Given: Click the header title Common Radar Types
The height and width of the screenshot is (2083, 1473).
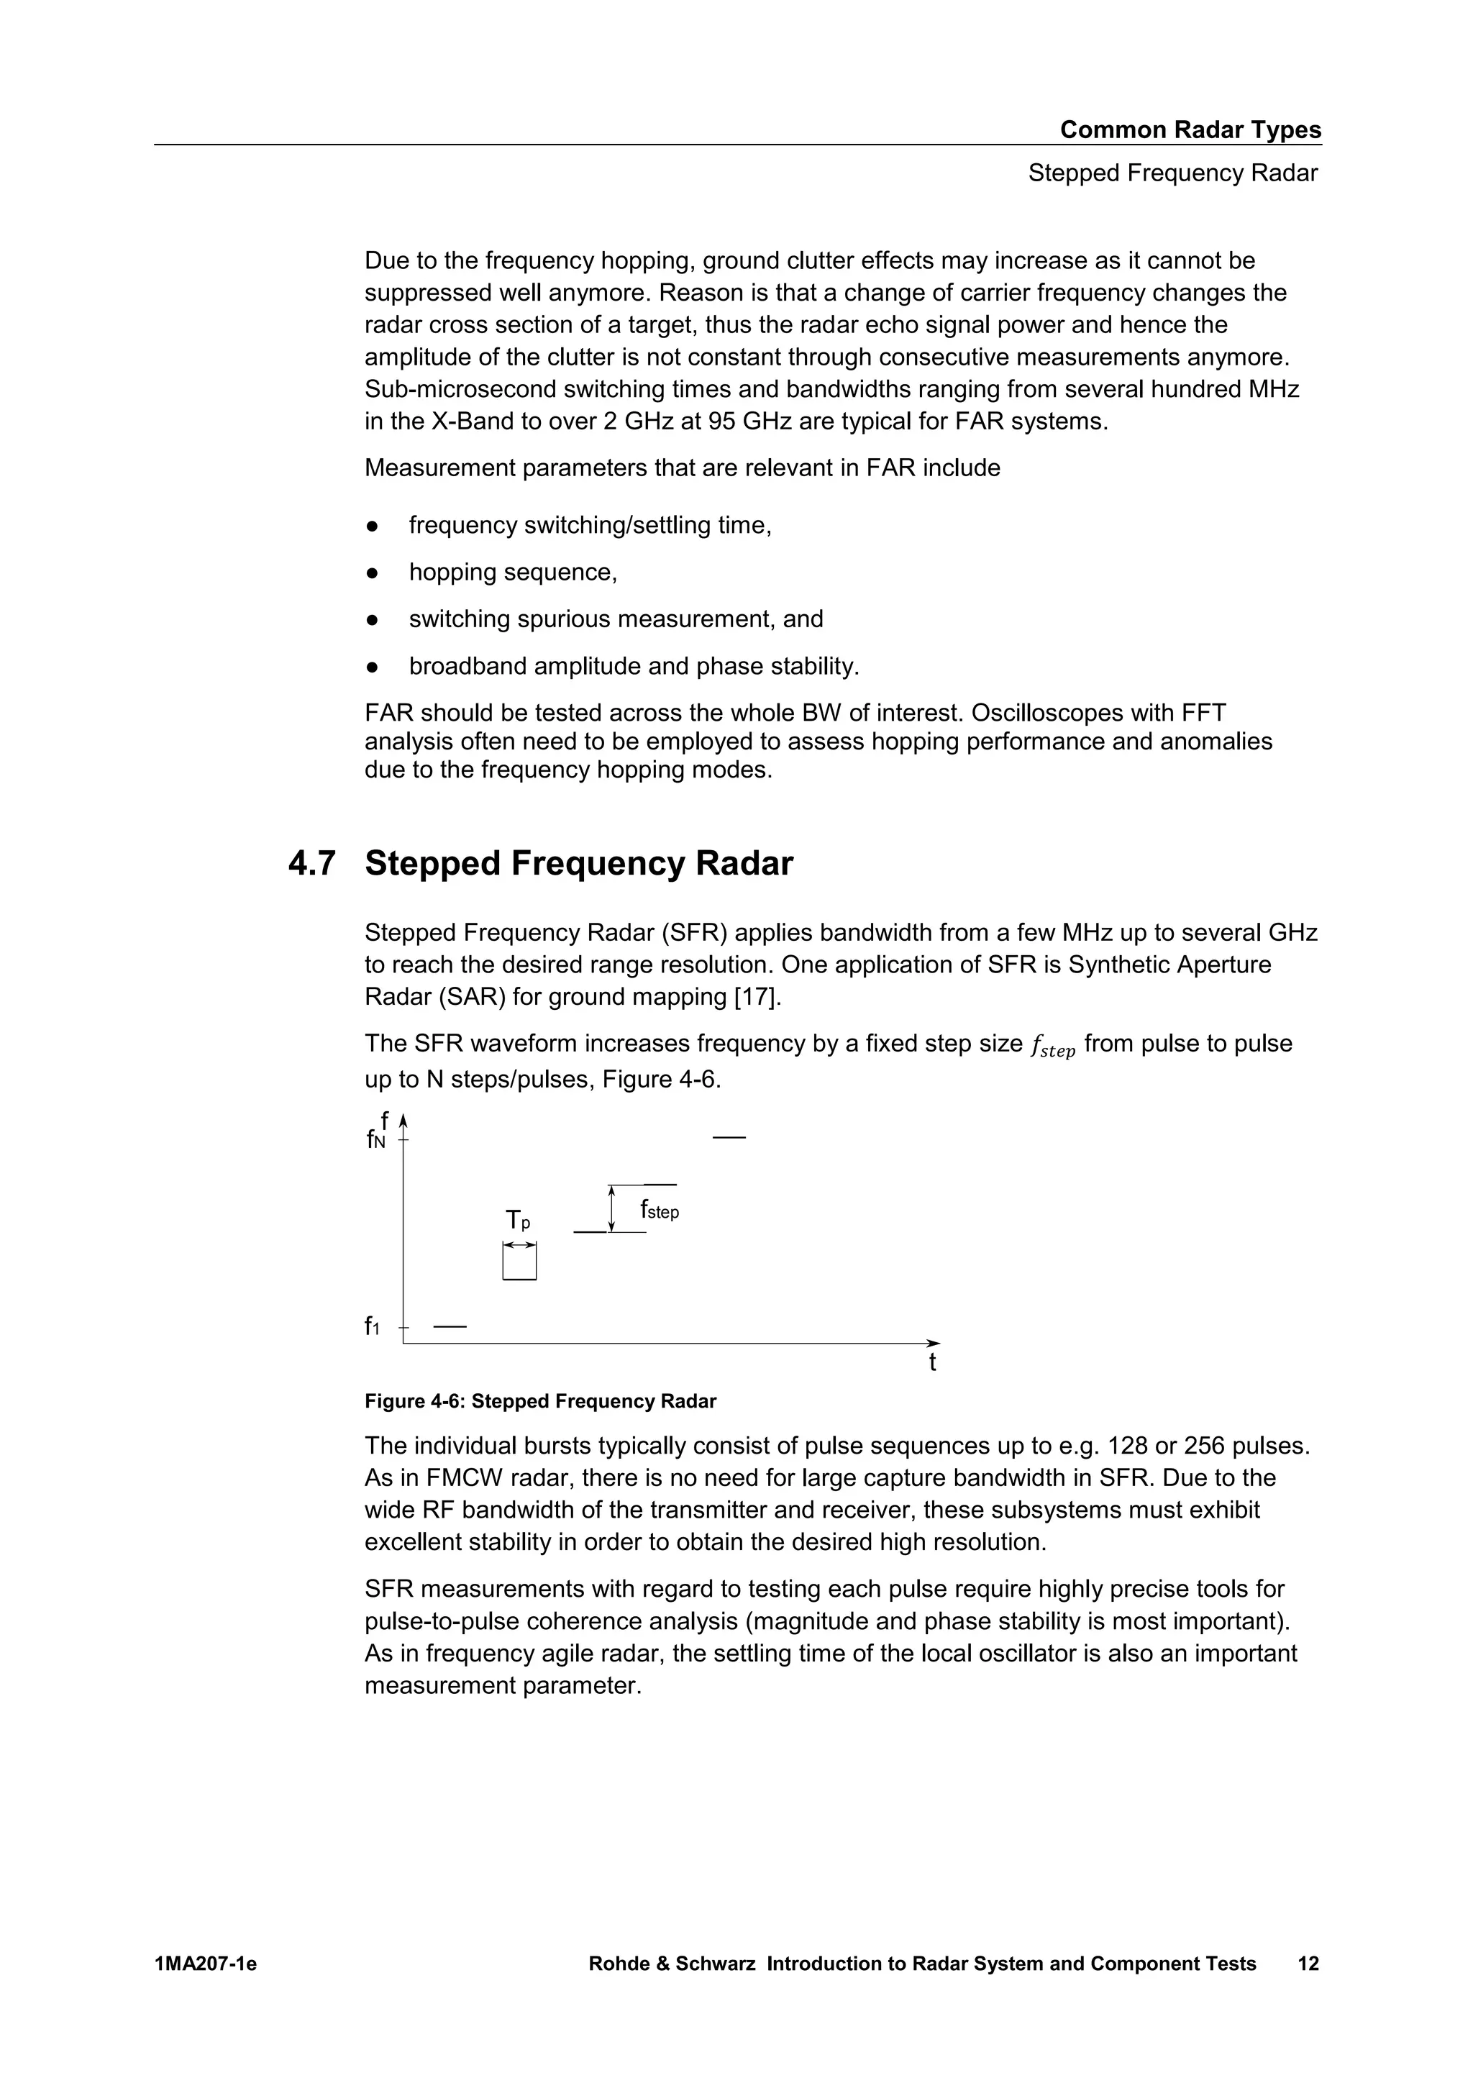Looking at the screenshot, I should pyautogui.click(x=1190, y=129).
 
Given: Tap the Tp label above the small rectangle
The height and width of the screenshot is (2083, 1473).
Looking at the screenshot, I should pyautogui.click(x=518, y=1220).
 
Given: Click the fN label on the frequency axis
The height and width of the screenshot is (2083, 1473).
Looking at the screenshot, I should pyautogui.click(x=375, y=1139).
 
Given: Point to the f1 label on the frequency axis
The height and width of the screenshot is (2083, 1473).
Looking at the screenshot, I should pyautogui.click(x=372, y=1326).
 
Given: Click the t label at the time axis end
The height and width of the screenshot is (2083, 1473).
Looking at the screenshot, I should pyautogui.click(x=932, y=1363).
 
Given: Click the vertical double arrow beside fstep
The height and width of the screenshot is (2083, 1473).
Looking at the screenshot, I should pyautogui.click(x=612, y=1208).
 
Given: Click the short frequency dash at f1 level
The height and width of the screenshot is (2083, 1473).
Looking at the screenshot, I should pyautogui.click(x=450, y=1327).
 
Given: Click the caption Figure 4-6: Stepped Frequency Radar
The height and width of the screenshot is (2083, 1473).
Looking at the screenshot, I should pyautogui.click(x=541, y=1402).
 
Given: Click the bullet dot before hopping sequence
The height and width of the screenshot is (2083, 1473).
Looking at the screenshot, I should pyautogui.click(x=371, y=573).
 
